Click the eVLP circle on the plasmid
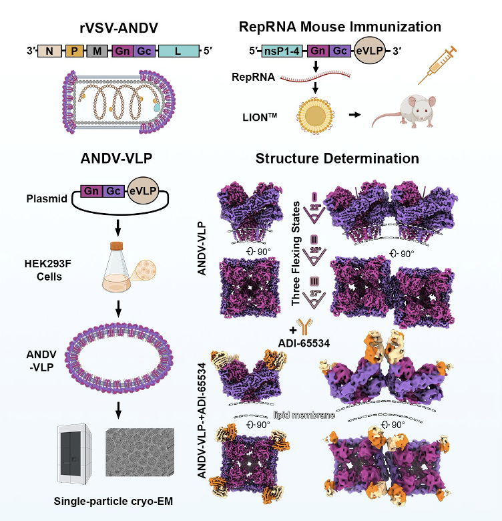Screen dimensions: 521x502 (x=142, y=192)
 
